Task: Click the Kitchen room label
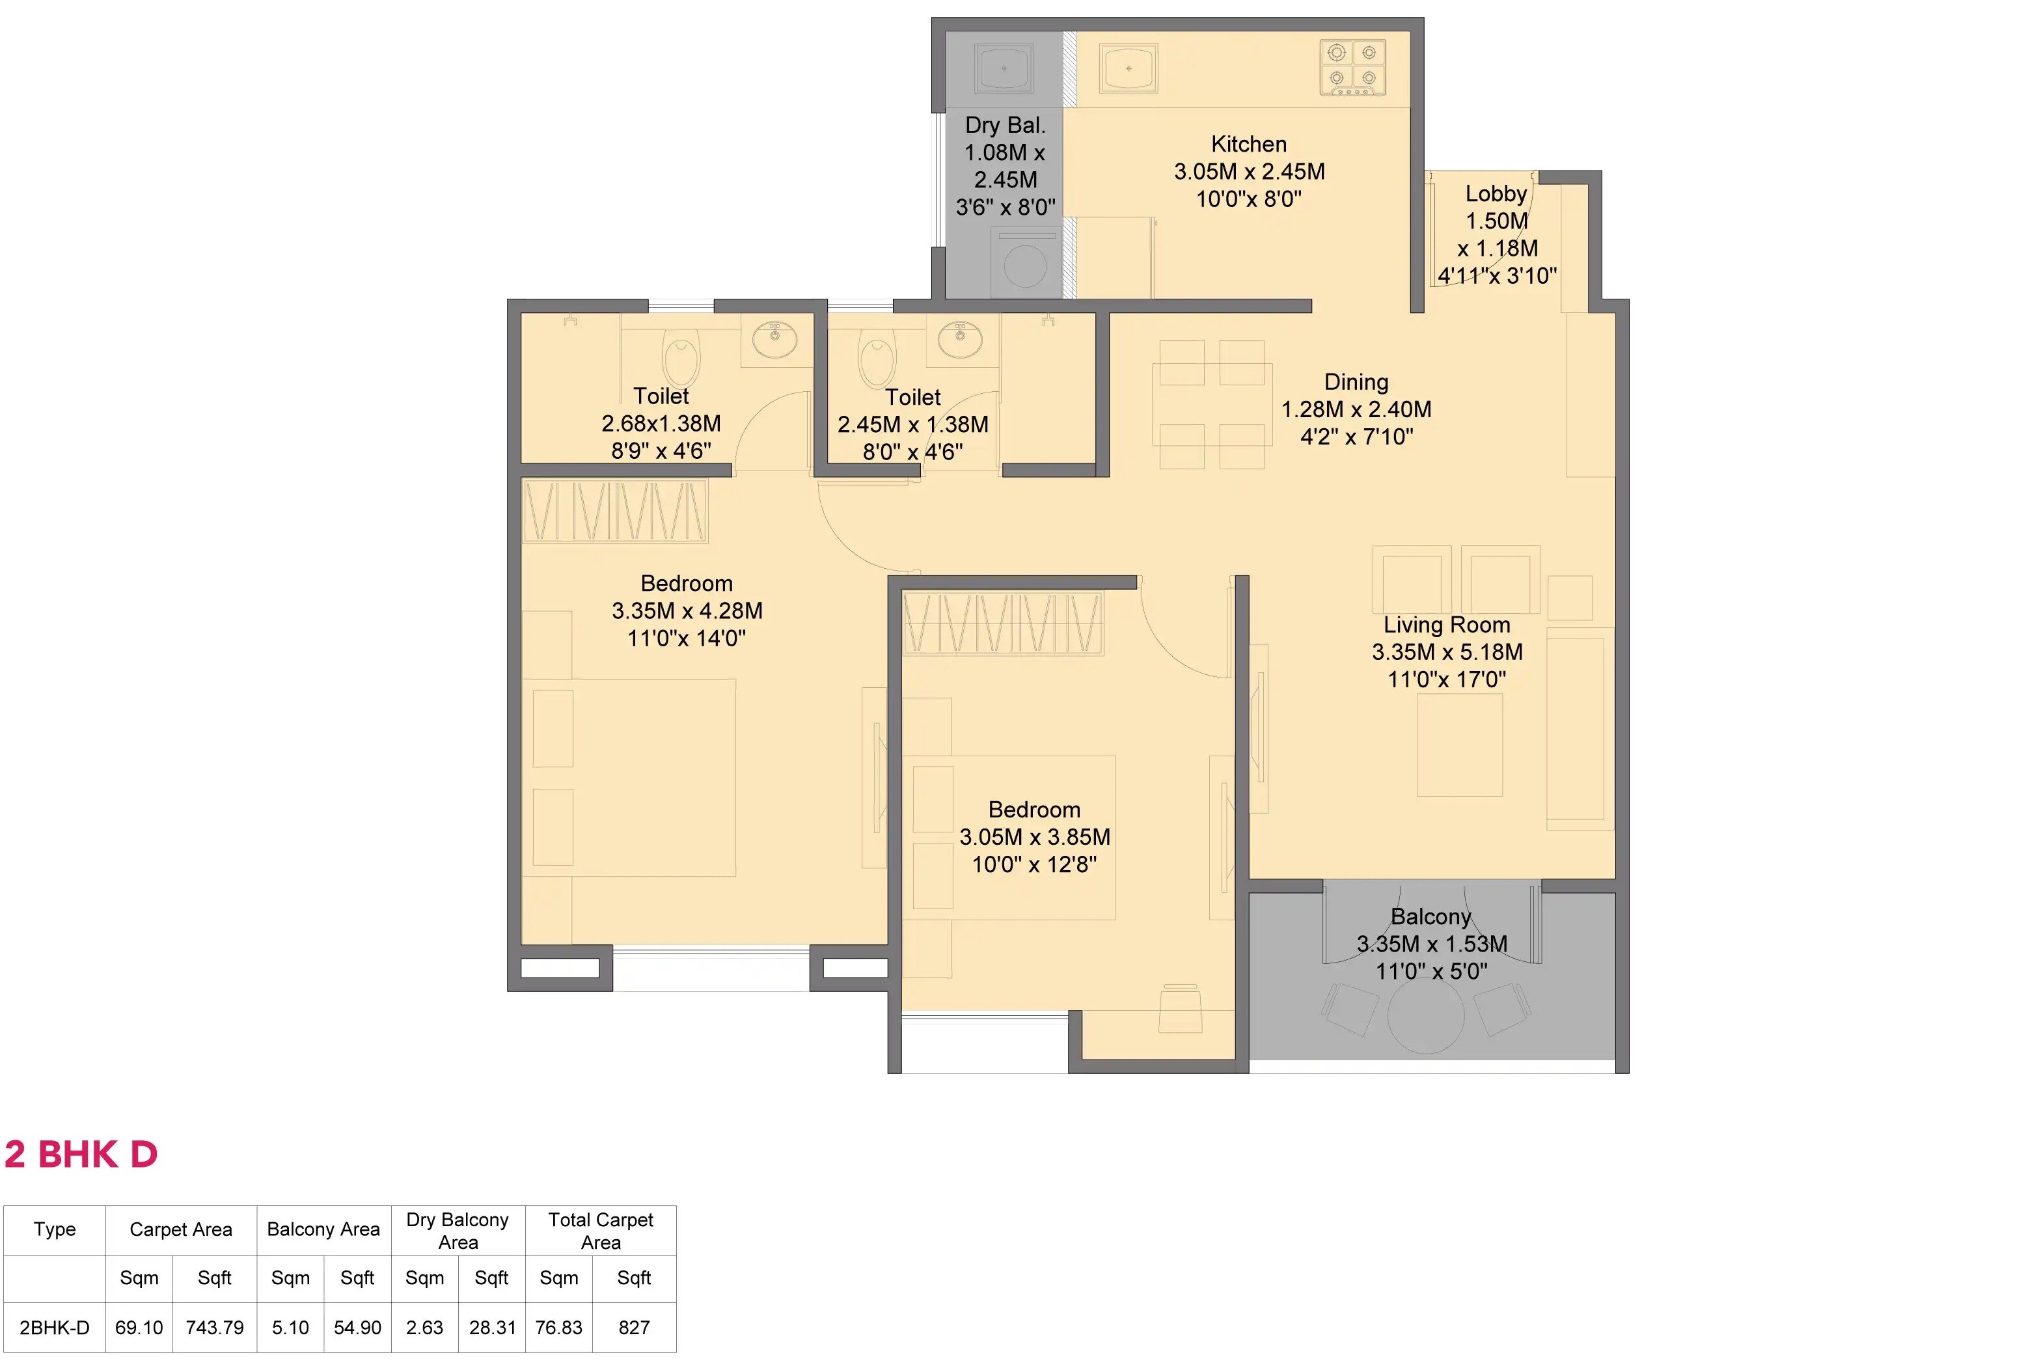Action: click(x=1248, y=144)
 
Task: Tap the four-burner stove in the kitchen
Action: click(x=1352, y=67)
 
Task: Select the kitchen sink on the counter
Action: click(x=1129, y=68)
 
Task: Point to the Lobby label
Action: click(x=1496, y=194)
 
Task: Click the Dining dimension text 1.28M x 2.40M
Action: click(x=1356, y=409)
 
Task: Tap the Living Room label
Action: click(x=1447, y=625)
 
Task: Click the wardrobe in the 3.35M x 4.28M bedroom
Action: click(x=614, y=511)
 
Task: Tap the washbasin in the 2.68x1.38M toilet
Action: click(x=774, y=339)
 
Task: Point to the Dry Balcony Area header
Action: click(x=458, y=1230)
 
